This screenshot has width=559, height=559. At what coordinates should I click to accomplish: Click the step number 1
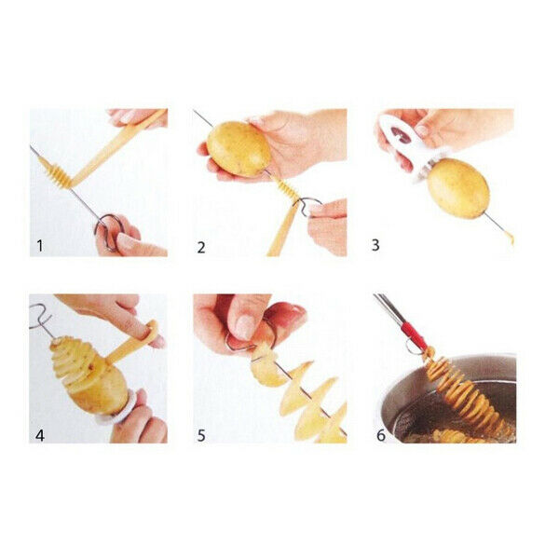[x=39, y=246]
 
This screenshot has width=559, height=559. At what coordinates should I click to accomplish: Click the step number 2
[x=200, y=247]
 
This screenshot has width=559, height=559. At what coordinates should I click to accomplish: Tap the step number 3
[x=375, y=246]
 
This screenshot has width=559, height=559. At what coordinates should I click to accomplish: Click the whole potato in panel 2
[x=238, y=147]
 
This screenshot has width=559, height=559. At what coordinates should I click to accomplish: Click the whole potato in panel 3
[x=457, y=187]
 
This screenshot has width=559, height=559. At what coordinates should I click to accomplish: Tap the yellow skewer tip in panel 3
[x=510, y=237]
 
